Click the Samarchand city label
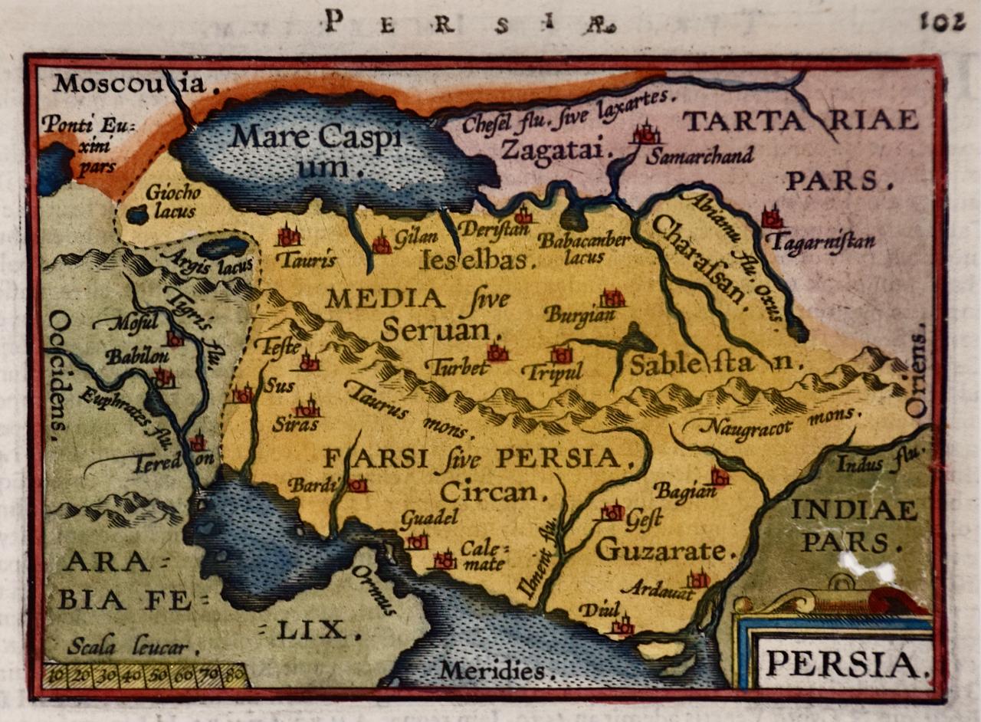coord(700,156)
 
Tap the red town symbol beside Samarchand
coord(646,133)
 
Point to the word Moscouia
coord(130,83)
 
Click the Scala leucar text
coord(126,648)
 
